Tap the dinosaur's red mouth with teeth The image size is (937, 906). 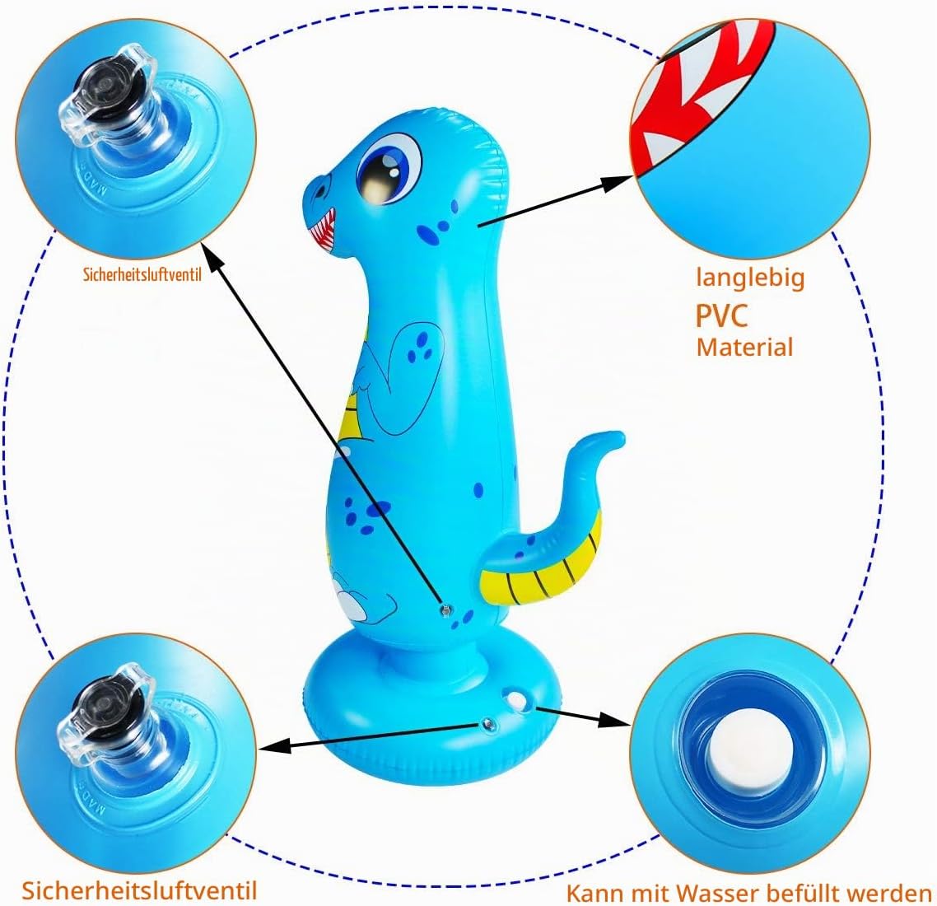click(323, 230)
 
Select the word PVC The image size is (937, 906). click(721, 315)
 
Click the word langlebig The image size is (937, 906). click(751, 278)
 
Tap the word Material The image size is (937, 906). click(744, 348)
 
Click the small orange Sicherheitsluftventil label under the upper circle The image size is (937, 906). click(142, 274)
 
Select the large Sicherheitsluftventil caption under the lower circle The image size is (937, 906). click(139, 890)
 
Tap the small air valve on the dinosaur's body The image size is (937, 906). click(445, 610)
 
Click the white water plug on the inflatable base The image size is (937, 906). click(515, 700)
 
